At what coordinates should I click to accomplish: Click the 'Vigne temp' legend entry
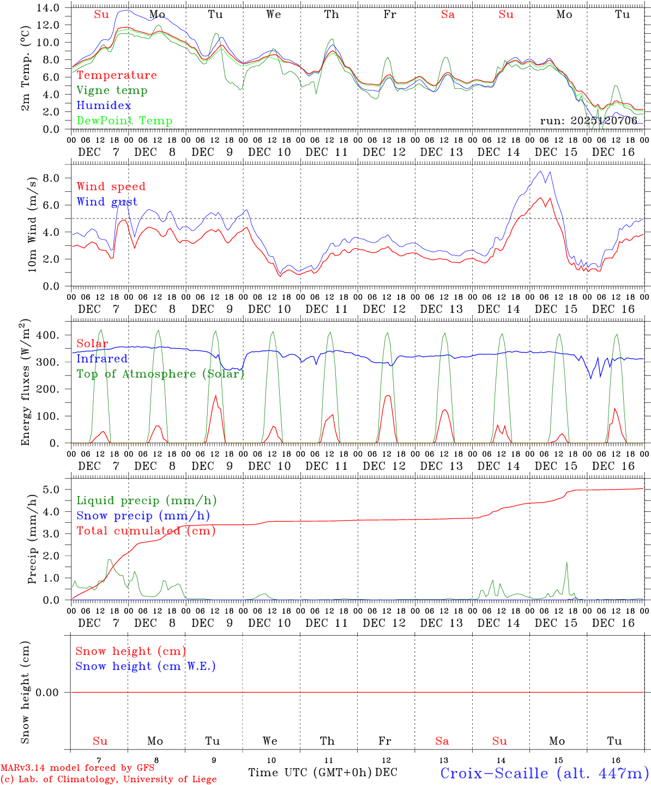coord(112,90)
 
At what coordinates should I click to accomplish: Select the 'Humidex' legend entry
coord(104,106)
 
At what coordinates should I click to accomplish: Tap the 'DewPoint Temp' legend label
coord(124,121)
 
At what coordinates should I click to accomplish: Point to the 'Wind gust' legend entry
coord(107,202)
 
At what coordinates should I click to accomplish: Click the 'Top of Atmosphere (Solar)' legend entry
coord(160,374)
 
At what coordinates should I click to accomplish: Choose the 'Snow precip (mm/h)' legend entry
coord(143,516)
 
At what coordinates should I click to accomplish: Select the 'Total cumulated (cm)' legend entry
coord(146,531)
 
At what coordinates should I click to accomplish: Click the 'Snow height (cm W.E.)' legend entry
coord(146,666)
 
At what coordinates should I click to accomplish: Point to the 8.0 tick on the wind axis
coord(56,178)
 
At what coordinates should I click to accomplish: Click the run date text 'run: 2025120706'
coord(588,121)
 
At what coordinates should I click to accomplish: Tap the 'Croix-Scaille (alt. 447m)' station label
coord(544,773)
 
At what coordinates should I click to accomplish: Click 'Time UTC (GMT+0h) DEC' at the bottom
coord(322,772)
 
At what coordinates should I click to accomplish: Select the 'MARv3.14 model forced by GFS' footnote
coord(77,768)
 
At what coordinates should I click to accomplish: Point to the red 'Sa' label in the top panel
coord(448,15)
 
